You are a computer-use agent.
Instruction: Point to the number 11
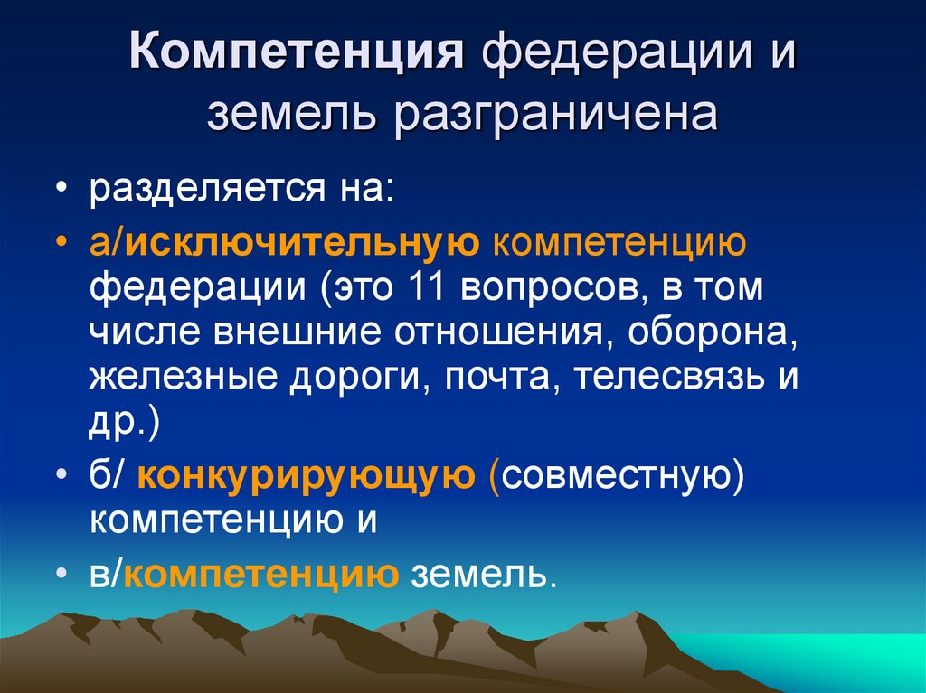[x=428, y=288]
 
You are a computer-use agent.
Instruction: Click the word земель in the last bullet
[x=480, y=574]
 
